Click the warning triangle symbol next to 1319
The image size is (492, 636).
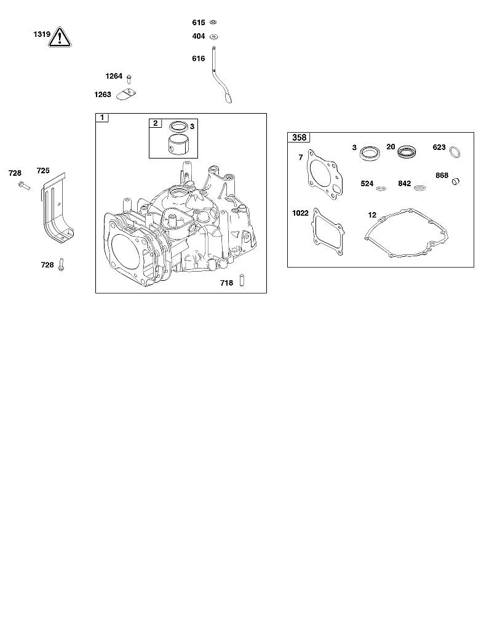tap(60, 37)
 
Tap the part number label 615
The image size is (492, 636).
tap(199, 23)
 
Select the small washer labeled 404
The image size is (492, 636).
tap(213, 37)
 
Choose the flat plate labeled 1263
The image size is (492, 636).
tap(126, 94)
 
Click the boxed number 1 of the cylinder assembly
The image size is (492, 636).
tap(102, 117)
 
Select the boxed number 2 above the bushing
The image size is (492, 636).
tap(156, 124)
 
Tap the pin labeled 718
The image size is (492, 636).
tap(242, 281)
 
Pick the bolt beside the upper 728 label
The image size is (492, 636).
tap(24, 186)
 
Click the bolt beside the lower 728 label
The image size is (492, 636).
tap(61, 264)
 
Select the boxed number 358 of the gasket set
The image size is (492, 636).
tap(299, 138)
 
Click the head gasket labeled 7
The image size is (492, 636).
tap(325, 176)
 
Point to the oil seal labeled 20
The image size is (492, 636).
tap(407, 151)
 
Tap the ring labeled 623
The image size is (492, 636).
tap(456, 152)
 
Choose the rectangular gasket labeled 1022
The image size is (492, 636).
tap(328, 232)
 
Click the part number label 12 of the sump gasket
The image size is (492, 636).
tap(372, 215)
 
